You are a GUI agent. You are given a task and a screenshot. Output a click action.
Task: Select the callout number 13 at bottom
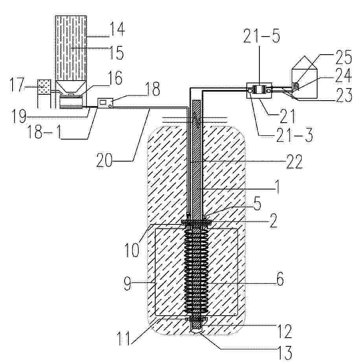coord(284,353)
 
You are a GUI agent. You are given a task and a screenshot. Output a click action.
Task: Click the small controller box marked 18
coord(104,103)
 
